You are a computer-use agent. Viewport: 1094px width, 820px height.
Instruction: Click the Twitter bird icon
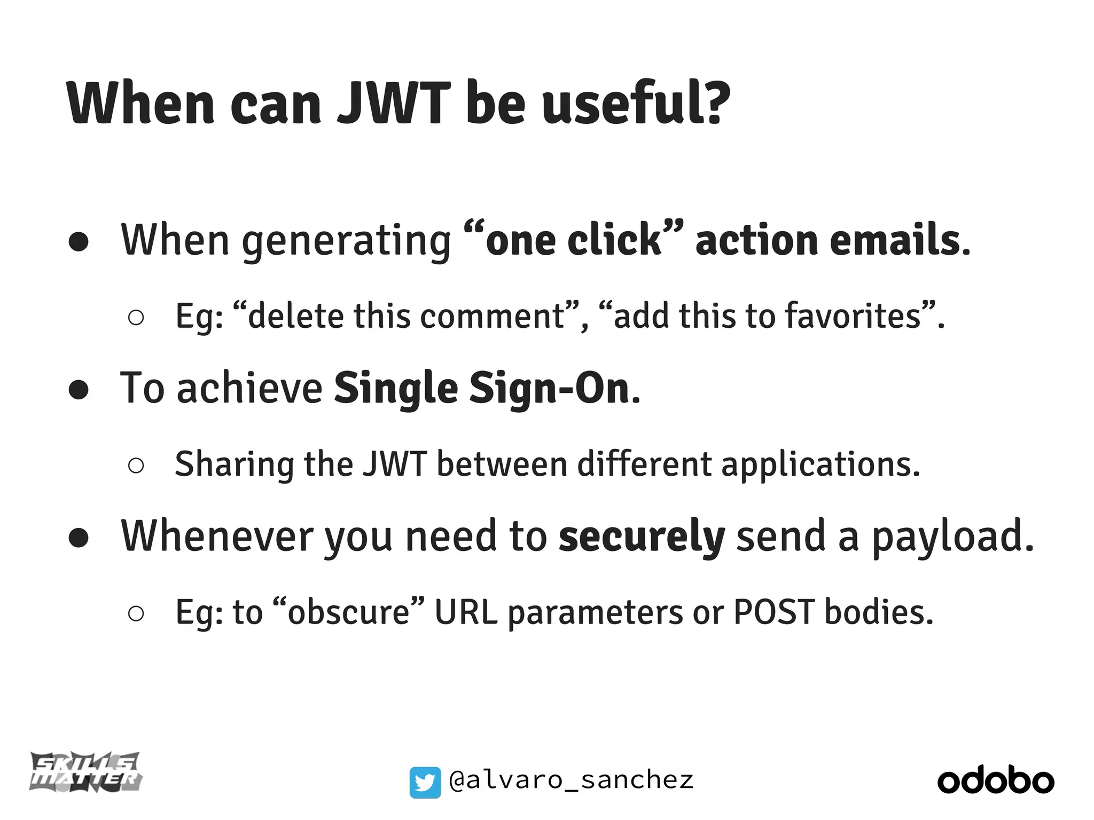[425, 782]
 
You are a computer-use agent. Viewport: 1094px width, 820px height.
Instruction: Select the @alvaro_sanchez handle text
[571, 780]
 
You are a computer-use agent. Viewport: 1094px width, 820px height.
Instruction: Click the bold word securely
[641, 537]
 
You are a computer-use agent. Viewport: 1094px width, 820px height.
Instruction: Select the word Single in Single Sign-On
[396, 389]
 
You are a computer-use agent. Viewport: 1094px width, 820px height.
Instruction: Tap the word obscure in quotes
[348, 612]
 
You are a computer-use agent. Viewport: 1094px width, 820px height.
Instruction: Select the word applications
[820, 464]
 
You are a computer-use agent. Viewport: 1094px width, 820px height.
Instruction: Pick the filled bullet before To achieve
[79, 390]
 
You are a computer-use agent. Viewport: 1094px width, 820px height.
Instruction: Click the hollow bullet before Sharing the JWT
[136, 466]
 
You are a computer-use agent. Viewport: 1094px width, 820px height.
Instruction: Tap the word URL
[465, 612]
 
